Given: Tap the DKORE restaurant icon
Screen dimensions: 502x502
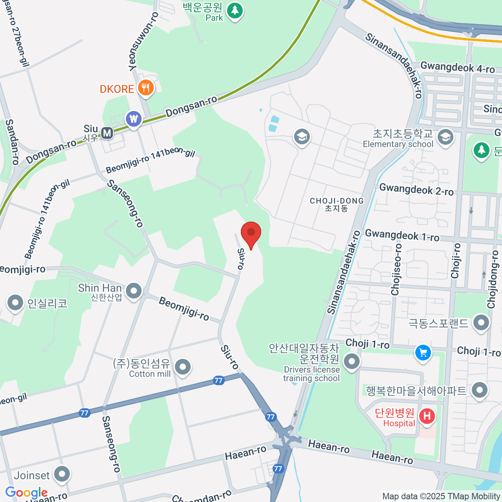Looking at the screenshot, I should [x=146, y=88].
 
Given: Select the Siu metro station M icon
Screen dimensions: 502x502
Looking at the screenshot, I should [x=107, y=133].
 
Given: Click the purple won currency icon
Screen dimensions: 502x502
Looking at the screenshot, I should [x=133, y=119].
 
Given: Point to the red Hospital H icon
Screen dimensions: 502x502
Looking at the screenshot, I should [x=427, y=416].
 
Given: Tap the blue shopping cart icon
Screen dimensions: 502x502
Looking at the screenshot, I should [x=423, y=352].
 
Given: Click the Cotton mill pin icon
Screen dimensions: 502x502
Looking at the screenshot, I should [x=182, y=367].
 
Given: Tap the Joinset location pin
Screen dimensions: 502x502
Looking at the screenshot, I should [x=62, y=474].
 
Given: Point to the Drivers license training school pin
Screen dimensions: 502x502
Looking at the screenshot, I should [x=351, y=361].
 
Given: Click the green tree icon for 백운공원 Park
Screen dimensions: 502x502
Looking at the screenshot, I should [x=235, y=10].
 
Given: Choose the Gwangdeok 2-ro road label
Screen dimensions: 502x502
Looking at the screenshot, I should [x=416, y=190].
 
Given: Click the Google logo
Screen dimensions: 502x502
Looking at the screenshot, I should [x=26, y=492].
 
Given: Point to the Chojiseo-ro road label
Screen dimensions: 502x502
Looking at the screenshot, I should [x=396, y=269].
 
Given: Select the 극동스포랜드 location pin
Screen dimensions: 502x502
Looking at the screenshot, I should [x=481, y=323].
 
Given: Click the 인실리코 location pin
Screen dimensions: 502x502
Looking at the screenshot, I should [x=15, y=302].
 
